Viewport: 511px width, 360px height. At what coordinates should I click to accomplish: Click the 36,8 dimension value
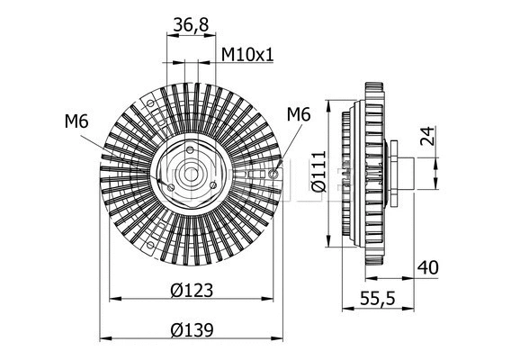(190, 26)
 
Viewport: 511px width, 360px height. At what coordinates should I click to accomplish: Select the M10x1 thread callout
(247, 56)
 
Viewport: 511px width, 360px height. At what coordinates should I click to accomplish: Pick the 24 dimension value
(428, 137)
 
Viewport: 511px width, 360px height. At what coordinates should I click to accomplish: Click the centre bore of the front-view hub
(191, 174)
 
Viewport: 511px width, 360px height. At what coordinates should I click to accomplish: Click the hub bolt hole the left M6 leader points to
(171, 185)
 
